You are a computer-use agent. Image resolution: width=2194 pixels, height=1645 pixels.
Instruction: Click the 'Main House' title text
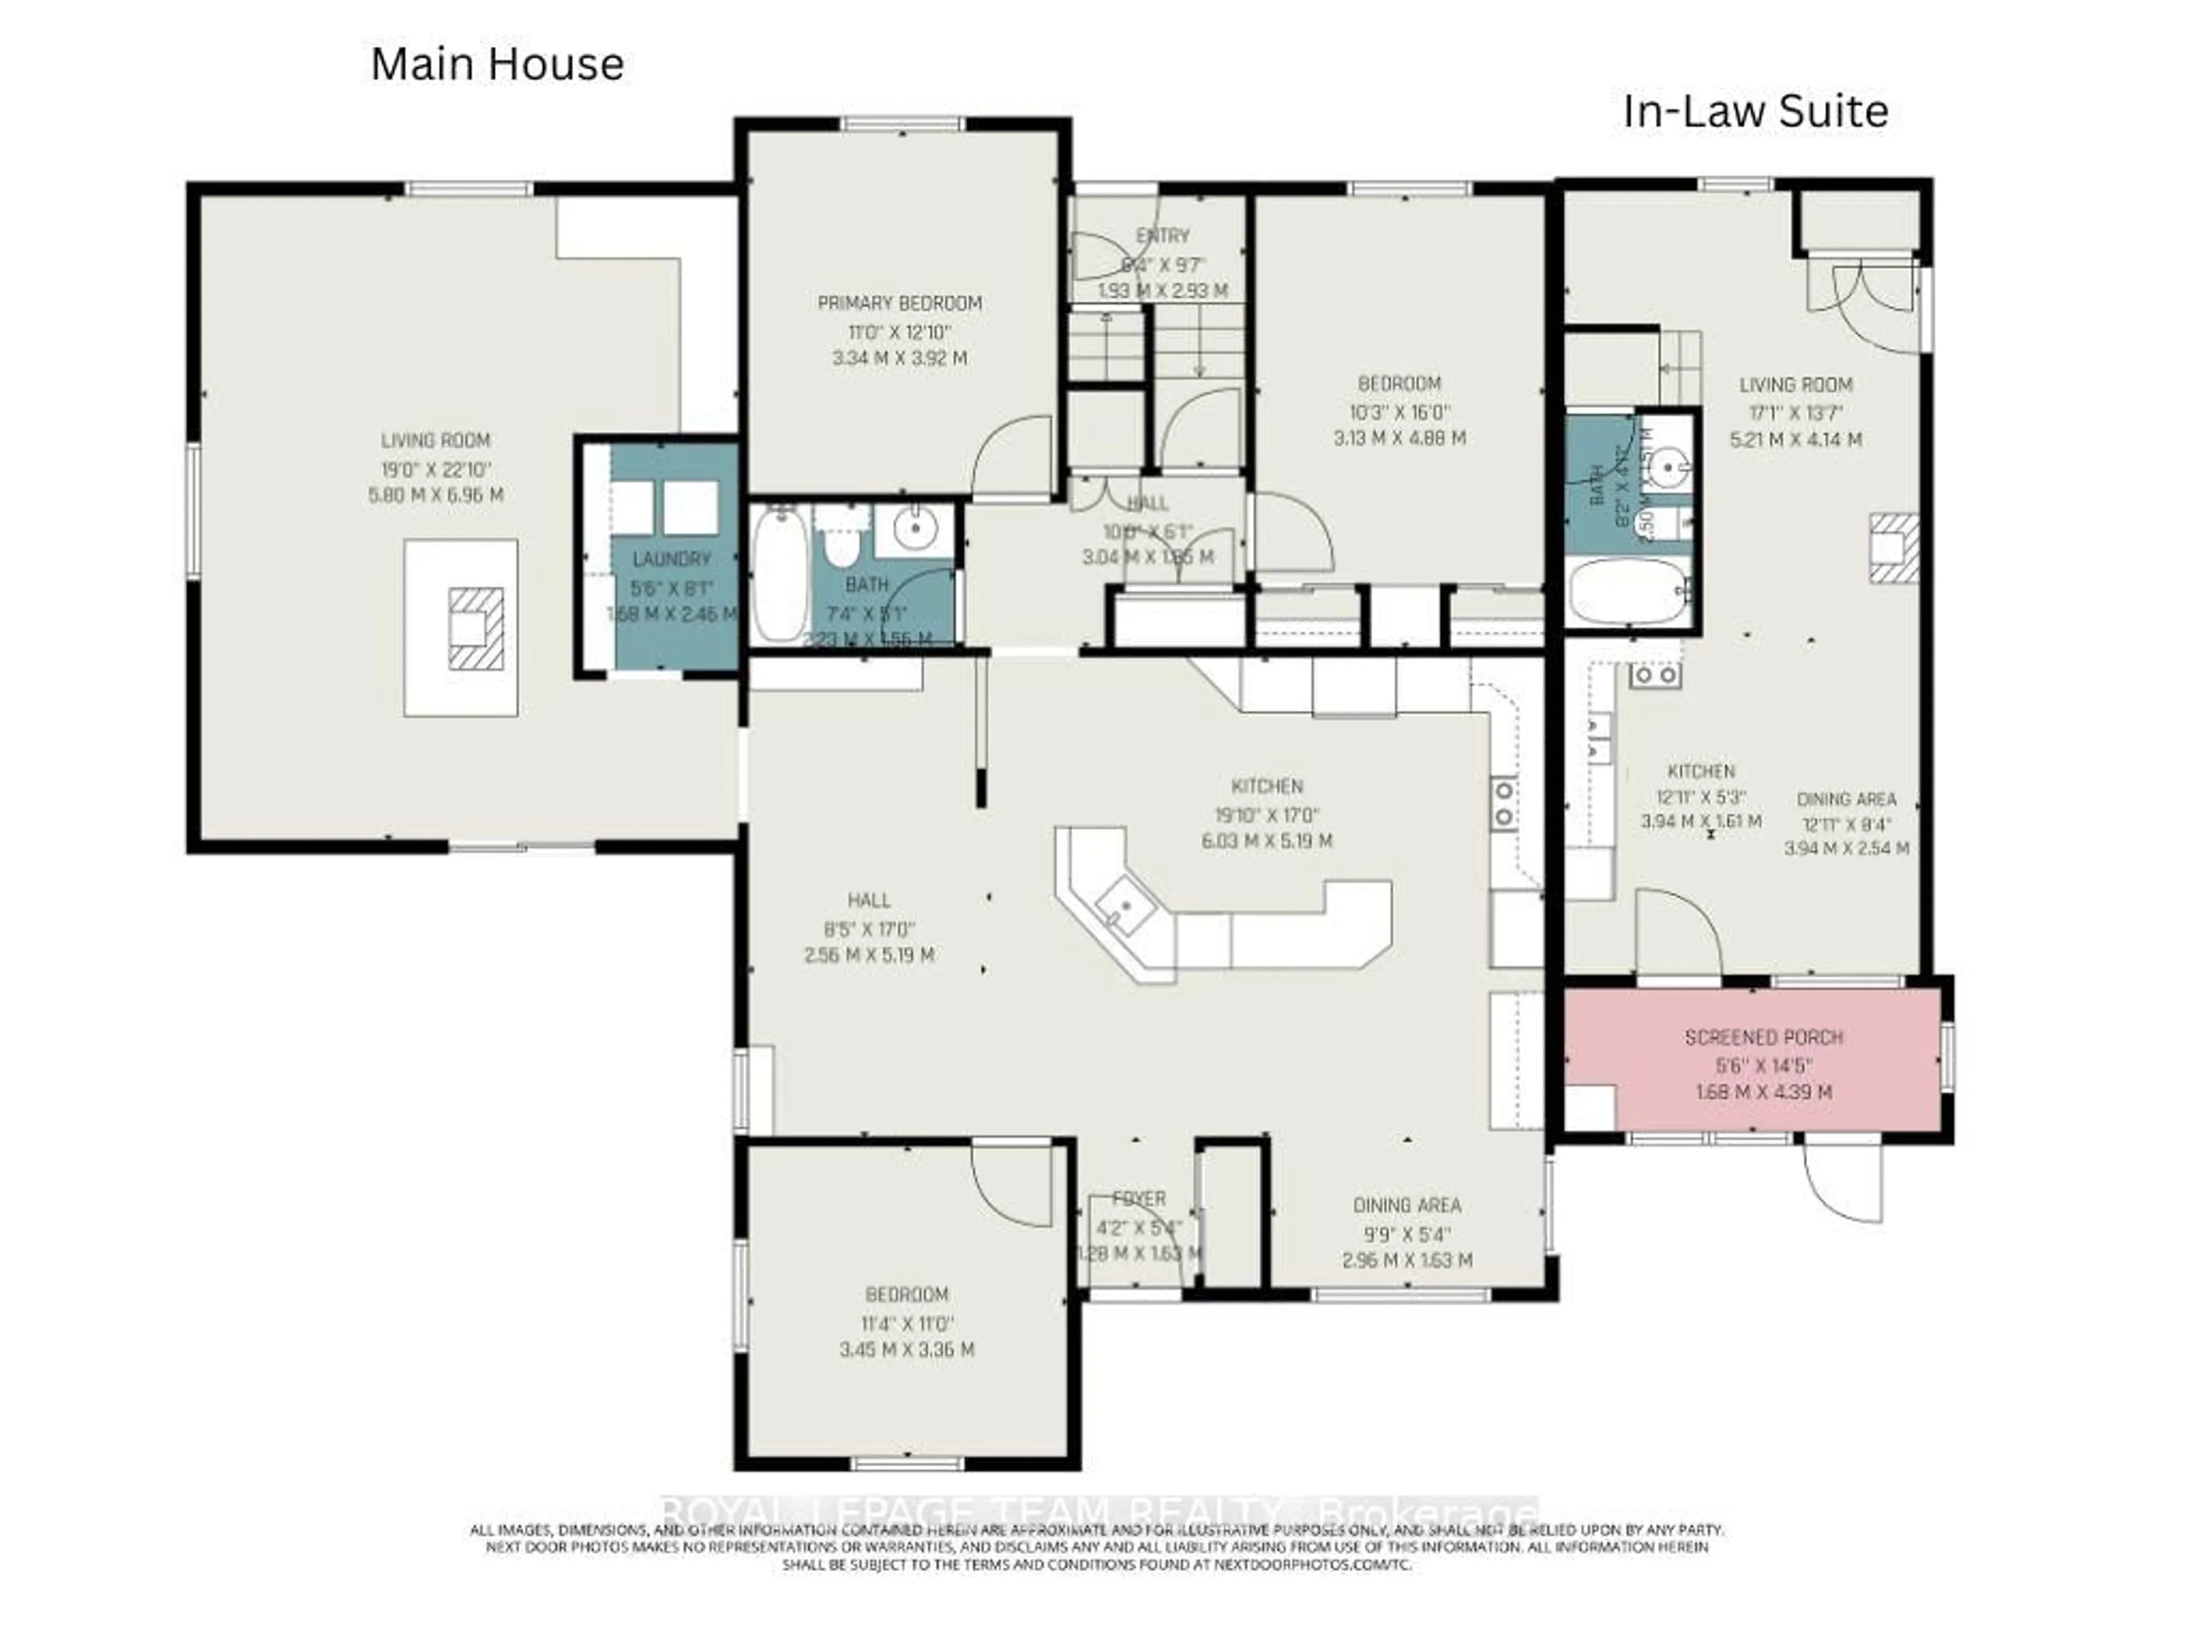[497, 65]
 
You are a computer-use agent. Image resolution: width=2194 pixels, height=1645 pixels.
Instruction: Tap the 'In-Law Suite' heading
[1755, 111]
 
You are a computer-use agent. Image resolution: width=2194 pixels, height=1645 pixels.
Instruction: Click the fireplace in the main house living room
[475, 629]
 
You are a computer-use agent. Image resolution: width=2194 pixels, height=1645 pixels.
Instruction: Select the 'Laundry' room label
[671, 559]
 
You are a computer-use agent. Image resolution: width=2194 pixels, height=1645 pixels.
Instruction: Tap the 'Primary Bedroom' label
[900, 303]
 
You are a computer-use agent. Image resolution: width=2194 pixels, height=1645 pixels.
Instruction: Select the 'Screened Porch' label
[1764, 1037]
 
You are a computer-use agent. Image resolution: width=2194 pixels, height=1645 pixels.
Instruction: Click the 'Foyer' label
[1139, 1199]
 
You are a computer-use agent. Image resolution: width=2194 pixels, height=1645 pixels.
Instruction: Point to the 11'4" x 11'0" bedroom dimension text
[907, 1323]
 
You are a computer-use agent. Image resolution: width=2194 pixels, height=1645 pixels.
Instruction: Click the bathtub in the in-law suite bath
[1628, 591]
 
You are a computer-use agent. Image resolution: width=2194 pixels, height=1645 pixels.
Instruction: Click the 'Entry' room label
[1163, 236]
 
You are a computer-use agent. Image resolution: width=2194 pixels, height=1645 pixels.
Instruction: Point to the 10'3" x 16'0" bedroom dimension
[1399, 411]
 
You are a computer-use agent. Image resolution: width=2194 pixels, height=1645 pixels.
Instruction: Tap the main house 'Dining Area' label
[1407, 1206]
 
